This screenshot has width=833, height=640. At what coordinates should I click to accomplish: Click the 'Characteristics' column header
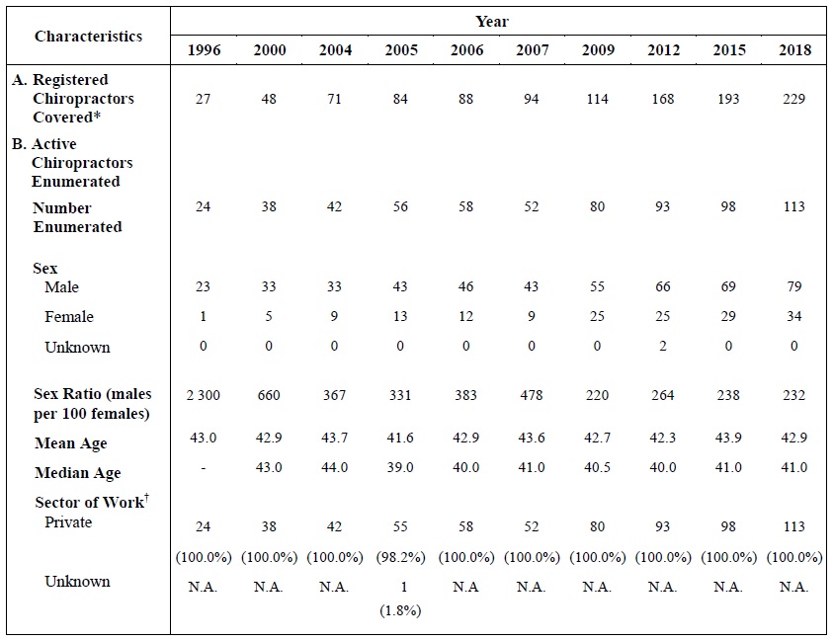point(88,37)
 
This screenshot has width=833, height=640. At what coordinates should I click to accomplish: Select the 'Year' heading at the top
point(491,21)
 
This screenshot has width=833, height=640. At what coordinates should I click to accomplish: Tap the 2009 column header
point(597,50)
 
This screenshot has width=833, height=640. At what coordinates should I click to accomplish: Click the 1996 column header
point(203,50)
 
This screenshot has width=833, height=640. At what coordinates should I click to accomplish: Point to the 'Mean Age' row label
point(70,444)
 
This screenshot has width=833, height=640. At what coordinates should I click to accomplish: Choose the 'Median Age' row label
point(77,473)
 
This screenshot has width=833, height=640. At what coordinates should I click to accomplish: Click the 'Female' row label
point(69,317)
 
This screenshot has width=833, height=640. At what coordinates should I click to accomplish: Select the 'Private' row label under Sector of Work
point(68,521)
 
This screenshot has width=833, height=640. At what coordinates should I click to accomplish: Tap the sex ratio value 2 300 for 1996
point(203,395)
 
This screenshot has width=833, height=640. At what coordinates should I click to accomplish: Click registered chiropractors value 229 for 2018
point(793,99)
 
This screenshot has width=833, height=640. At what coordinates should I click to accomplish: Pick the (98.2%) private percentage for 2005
point(400,557)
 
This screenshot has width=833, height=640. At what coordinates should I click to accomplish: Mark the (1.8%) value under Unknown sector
point(400,610)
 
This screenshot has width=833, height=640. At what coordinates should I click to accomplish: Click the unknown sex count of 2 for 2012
point(662,347)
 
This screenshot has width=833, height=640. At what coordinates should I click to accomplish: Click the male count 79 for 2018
point(793,286)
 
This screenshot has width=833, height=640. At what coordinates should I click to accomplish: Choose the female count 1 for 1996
point(203,317)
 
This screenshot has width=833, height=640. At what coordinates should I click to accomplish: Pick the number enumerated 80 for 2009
point(597,206)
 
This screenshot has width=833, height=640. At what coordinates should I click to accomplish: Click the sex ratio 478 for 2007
point(531,395)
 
